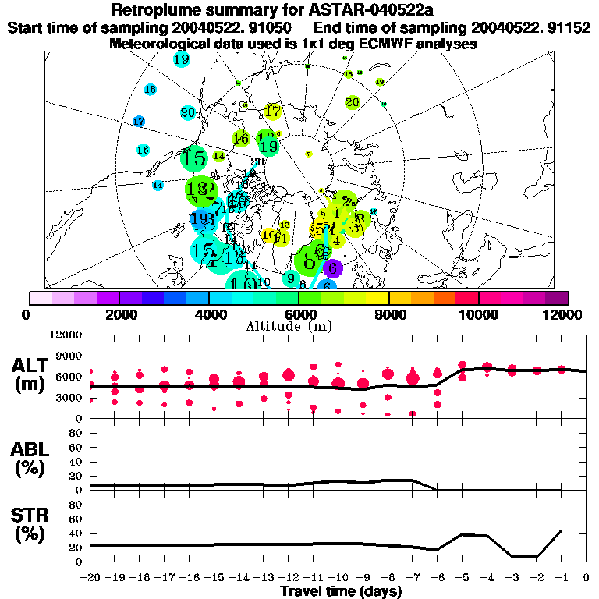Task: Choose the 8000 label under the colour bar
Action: pos(388,314)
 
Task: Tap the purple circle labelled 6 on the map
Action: pos(333,268)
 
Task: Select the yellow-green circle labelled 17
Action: pos(272,112)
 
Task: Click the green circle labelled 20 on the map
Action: pos(352,101)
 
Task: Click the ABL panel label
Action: pos(31,458)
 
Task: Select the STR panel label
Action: pos(31,524)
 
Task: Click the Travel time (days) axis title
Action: pos(340,591)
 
